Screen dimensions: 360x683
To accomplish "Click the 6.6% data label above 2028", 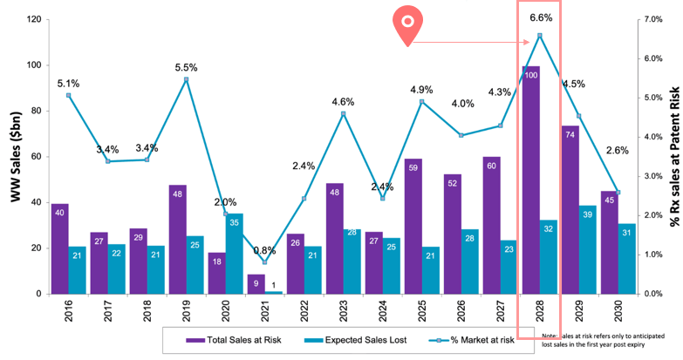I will click(x=539, y=17).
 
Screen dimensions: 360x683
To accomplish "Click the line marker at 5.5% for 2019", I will click(x=186, y=79).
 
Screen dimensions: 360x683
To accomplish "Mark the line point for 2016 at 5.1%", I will click(x=68, y=95).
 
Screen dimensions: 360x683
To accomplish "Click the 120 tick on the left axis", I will click(x=34, y=19).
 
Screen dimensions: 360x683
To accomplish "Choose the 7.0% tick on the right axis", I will click(x=652, y=19).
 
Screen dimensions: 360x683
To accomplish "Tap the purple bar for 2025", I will click(x=413, y=227).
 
